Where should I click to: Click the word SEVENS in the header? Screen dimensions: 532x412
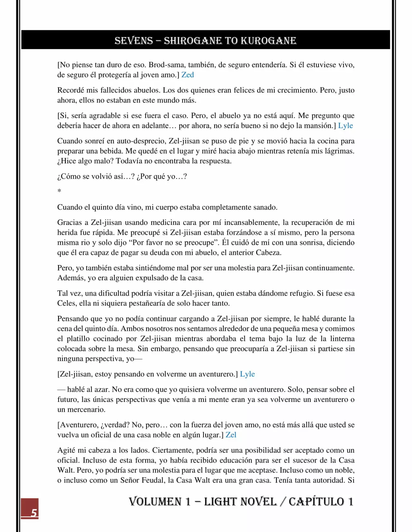(x=134, y=41)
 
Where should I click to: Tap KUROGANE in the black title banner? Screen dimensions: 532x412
(x=268, y=41)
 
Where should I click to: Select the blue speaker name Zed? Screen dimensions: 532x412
(x=188, y=75)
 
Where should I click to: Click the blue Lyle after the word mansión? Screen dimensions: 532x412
(x=345, y=126)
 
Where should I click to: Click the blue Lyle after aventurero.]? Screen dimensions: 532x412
(x=247, y=374)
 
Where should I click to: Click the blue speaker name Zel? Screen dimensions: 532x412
(x=231, y=435)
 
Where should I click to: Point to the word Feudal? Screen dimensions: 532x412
(x=152, y=480)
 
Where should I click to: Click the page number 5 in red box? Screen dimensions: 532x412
(x=34, y=512)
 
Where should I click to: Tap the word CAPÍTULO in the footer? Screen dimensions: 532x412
(x=316, y=501)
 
